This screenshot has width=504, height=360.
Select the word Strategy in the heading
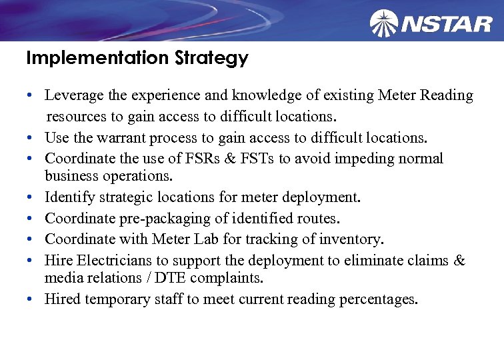[x=211, y=59]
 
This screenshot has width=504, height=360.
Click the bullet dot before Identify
[x=31, y=198]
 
